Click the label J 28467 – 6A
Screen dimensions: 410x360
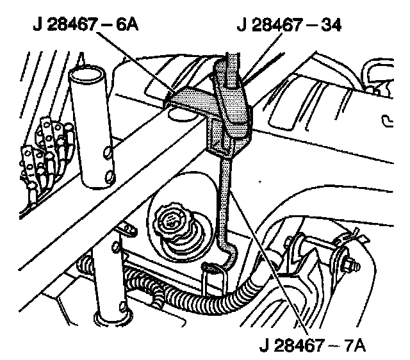coord(86,25)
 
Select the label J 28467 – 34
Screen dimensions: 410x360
coord(289,25)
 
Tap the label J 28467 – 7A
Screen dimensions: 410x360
coord(313,345)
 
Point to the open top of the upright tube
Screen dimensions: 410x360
coord(86,74)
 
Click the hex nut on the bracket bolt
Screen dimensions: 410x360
coord(352,266)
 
